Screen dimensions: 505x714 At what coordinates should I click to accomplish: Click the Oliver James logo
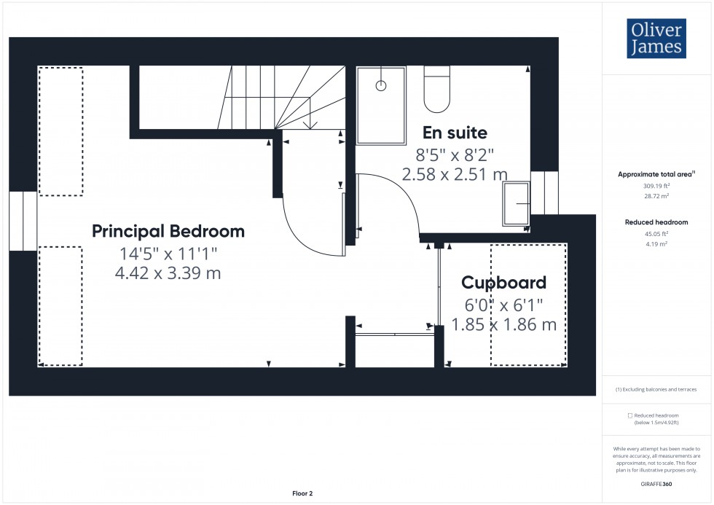[656, 39]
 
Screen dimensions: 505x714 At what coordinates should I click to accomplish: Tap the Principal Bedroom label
[168, 232]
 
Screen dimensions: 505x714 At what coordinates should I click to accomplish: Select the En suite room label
[455, 133]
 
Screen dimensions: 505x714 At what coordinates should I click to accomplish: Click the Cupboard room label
[503, 283]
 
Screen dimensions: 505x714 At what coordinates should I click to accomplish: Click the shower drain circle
[380, 85]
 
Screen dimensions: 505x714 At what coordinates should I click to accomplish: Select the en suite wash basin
[517, 203]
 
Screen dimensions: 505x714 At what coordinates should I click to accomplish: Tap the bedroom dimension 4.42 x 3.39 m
[168, 273]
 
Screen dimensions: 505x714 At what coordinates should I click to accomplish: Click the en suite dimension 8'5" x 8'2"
[455, 154]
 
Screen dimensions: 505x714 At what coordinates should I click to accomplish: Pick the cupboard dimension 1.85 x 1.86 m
[503, 324]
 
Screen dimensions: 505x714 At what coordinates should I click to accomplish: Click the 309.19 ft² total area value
[656, 185]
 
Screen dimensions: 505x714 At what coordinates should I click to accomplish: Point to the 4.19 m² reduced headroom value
[656, 244]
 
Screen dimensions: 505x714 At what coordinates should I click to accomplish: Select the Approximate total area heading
[656, 174]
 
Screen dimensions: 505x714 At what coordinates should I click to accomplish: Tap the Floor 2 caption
[302, 493]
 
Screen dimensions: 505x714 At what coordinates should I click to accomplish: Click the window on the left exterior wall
[23, 222]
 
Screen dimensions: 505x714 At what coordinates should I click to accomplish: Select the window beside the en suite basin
[544, 193]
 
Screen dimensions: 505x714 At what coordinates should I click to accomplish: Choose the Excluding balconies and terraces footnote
[656, 390]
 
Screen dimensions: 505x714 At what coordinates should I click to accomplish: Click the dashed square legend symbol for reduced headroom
[629, 415]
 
